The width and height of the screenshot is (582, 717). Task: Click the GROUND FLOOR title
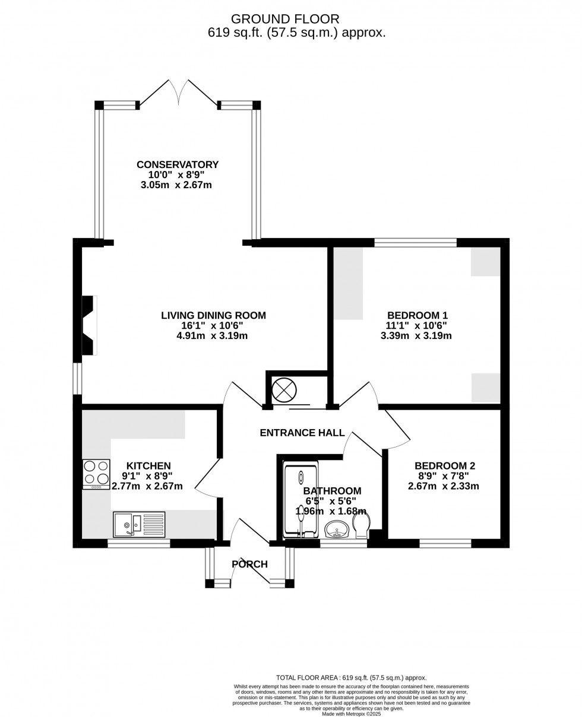click(x=285, y=19)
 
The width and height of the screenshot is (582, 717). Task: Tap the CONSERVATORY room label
click(x=178, y=164)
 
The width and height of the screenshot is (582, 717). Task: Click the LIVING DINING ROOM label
click(x=213, y=315)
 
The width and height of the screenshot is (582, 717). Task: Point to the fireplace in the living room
click(x=88, y=325)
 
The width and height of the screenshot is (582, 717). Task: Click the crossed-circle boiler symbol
click(x=284, y=390)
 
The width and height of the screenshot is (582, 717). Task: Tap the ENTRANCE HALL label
click(x=302, y=433)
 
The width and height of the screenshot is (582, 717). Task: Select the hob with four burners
click(x=96, y=474)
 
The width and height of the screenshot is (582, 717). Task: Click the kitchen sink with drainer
click(x=139, y=524)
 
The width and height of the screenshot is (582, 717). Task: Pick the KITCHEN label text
click(x=148, y=466)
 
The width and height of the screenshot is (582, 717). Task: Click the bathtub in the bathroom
click(x=301, y=499)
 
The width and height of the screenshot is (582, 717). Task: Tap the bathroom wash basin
click(x=337, y=528)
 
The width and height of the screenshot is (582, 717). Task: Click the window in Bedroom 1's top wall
click(x=415, y=242)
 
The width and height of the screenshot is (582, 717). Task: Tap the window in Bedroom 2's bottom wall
click(x=445, y=542)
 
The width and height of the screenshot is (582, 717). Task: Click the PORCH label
click(x=249, y=564)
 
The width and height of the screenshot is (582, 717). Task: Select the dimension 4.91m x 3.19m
click(x=212, y=336)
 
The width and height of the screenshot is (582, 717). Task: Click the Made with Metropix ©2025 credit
click(x=351, y=714)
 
